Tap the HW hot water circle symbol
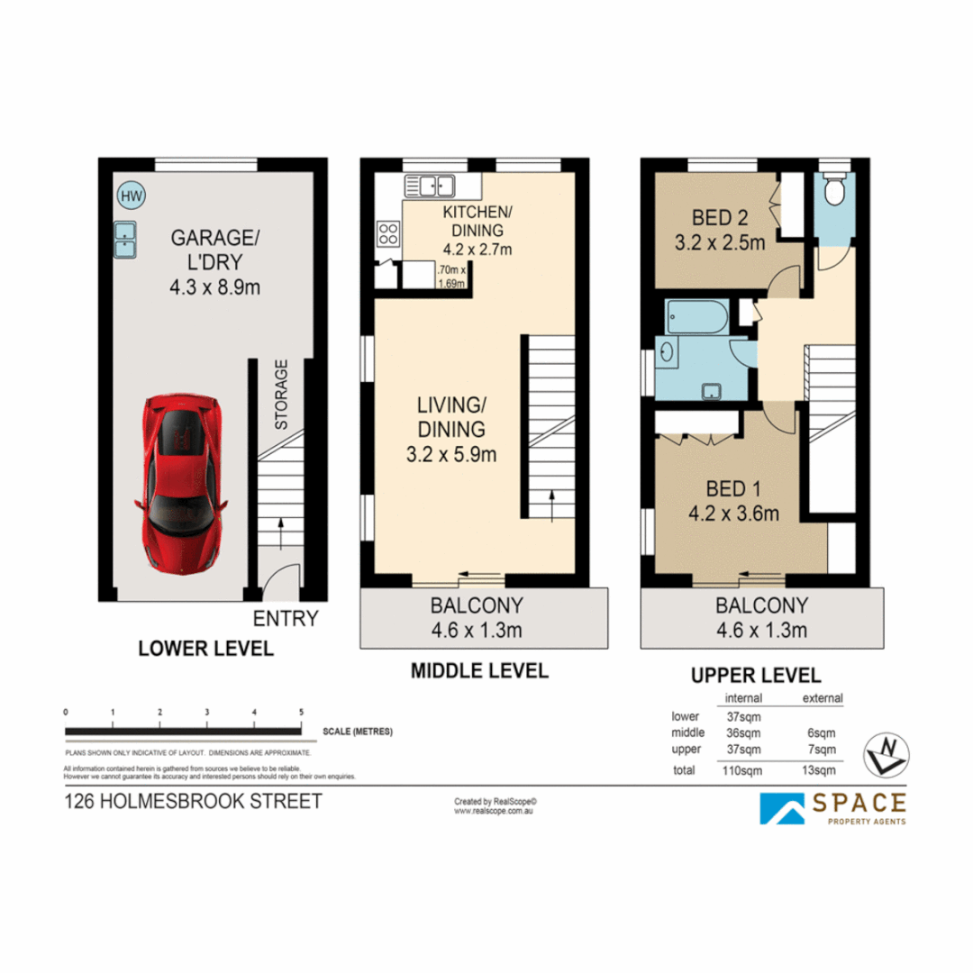[131, 195]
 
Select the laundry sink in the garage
[124, 239]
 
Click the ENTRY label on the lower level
[286, 619]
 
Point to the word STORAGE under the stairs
[281, 395]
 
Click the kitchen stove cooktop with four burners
[388, 234]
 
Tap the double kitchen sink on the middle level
[429, 186]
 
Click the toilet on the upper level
[833, 190]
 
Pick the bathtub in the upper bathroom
[693, 317]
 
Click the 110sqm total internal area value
[743, 770]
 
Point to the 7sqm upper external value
[822, 750]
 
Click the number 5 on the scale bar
[301, 712]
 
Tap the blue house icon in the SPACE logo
[783, 807]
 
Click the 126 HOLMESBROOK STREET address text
[193, 801]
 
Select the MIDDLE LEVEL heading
[479, 671]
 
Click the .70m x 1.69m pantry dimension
[450, 277]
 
